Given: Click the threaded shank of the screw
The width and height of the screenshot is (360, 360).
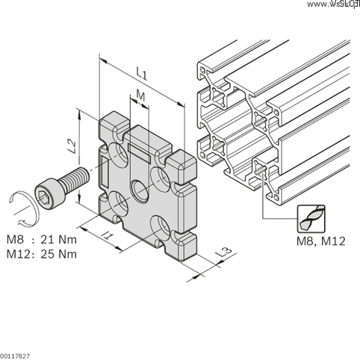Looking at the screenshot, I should [75, 180].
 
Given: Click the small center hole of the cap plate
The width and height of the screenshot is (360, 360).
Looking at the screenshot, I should [140, 189].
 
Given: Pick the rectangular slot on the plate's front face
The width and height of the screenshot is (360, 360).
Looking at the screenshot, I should [140, 150].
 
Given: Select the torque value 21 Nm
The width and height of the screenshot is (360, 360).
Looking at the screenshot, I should [58, 240].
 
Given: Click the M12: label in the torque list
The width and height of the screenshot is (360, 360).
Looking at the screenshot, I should [20, 254].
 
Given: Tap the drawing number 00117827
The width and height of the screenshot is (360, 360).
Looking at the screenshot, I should [16, 355].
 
